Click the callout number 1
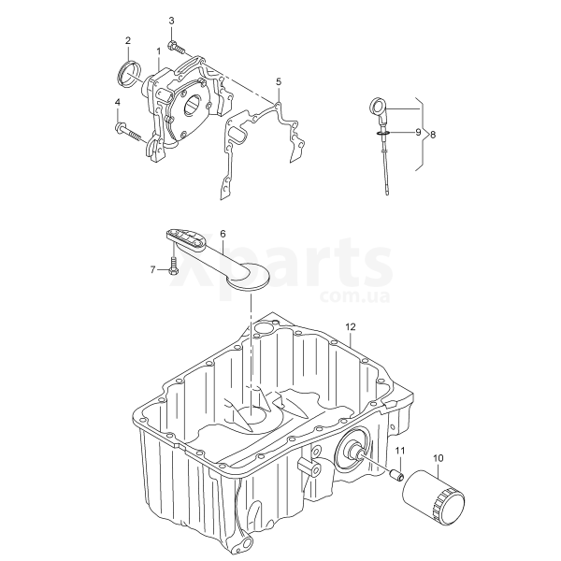tap(159, 51)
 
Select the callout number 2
tap(128, 40)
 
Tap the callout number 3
tap(171, 21)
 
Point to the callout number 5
tap(279, 82)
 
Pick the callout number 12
tap(351, 326)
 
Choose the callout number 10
tap(439, 458)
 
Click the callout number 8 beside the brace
tap(433, 135)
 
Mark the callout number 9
tap(418, 133)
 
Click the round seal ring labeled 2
tap(128, 74)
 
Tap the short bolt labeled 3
tap(176, 48)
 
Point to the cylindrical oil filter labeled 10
tap(433, 496)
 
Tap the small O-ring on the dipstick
tap(382, 134)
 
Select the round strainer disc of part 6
tap(248, 277)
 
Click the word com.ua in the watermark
tap(355, 296)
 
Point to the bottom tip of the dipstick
tap(387, 194)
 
